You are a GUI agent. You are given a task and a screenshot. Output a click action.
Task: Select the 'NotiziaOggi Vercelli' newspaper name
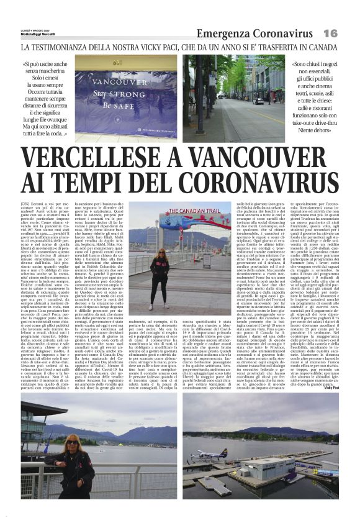tap(38, 33)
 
